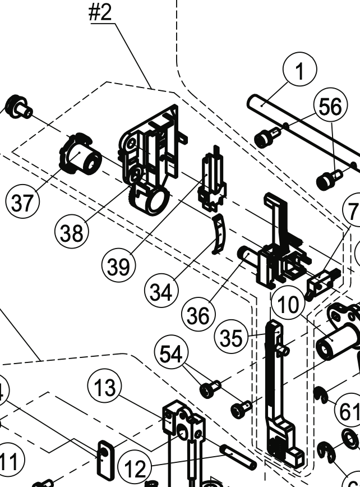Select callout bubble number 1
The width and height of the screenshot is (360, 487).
(x=300, y=72)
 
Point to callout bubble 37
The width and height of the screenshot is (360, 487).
(x=22, y=203)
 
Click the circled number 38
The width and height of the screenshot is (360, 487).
(x=72, y=232)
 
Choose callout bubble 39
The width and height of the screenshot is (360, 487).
(x=118, y=267)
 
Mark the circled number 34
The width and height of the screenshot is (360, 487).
(x=161, y=292)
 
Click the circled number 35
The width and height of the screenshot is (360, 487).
(x=232, y=338)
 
